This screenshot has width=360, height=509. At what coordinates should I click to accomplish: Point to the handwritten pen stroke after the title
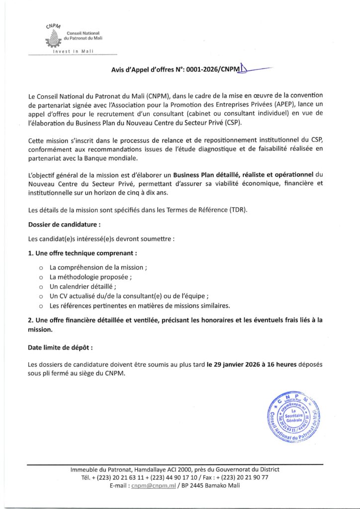tap(254, 70)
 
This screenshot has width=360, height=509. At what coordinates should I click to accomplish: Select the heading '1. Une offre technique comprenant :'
tap(83, 253)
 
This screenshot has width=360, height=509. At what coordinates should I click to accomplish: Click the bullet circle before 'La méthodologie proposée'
tap(41, 277)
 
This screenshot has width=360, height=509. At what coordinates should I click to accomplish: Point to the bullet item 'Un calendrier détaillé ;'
tap(83, 286)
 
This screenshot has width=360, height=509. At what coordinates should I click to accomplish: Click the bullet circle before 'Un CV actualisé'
tap(41, 296)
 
